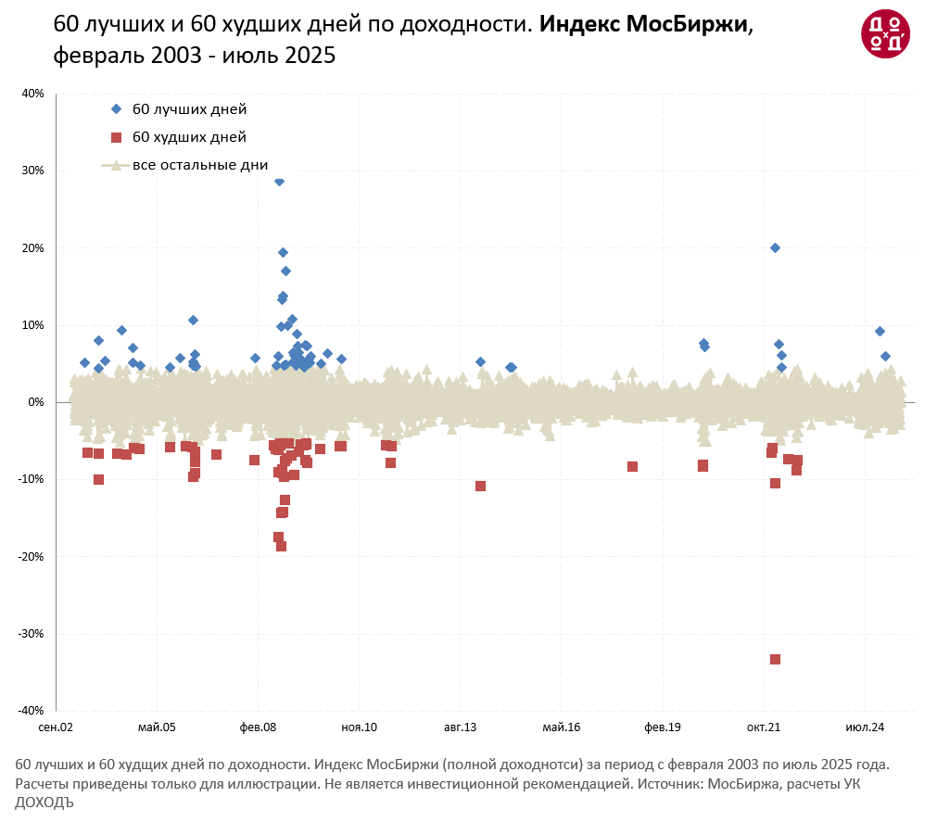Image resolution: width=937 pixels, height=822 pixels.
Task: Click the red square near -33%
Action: [x=775, y=659]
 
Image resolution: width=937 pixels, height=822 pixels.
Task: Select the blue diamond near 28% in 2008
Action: [x=279, y=181]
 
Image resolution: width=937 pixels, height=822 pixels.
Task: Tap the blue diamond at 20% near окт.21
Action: [x=775, y=247]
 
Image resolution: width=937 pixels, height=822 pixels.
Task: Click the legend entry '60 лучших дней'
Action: [x=189, y=109]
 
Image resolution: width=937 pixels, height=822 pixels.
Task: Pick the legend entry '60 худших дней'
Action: [x=189, y=137]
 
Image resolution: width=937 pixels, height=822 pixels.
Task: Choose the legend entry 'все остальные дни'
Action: [x=199, y=166]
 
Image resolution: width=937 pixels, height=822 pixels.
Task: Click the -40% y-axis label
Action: [x=31, y=711]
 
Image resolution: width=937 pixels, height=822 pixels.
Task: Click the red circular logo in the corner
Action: [x=885, y=33]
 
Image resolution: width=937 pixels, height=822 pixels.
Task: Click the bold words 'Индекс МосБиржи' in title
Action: [x=643, y=25]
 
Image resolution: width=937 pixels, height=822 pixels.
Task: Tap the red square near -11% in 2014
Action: [x=480, y=486]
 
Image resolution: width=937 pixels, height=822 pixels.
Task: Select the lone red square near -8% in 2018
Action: [x=632, y=466]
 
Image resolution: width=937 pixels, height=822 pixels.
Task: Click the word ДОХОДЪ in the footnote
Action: [x=44, y=803]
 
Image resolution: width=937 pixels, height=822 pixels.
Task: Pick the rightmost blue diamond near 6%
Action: [x=885, y=356]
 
